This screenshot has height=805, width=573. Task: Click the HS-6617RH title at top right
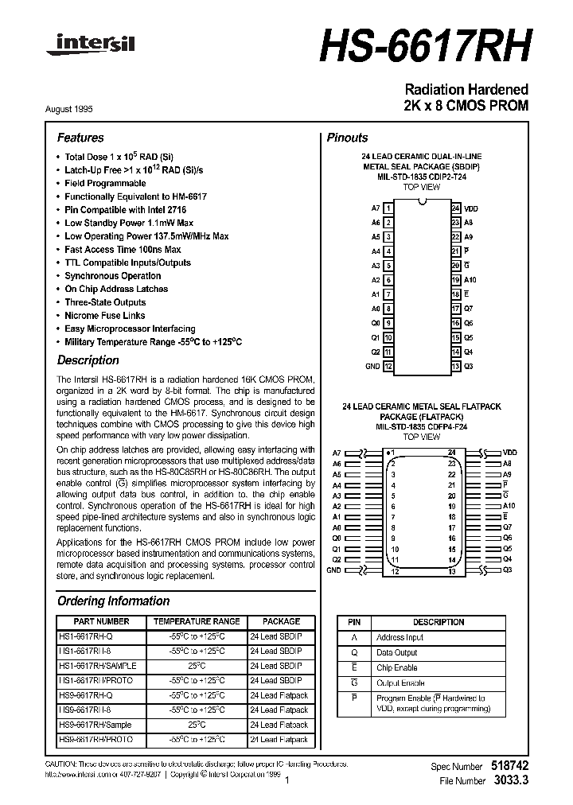(423, 45)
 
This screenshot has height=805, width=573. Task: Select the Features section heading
(80, 138)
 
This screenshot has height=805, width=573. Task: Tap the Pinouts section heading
(347, 138)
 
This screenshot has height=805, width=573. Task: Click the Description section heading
(88, 360)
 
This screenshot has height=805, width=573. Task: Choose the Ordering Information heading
(113, 601)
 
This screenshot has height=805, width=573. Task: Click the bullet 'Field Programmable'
(105, 183)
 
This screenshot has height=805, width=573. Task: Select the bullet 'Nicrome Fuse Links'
(105, 316)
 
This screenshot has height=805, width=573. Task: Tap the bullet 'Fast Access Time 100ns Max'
(123, 250)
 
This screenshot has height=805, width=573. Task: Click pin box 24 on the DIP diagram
(455, 208)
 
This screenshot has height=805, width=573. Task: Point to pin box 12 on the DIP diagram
(388, 367)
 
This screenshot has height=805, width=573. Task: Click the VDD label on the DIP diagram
(471, 208)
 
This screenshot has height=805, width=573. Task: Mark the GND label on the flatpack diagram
(333, 570)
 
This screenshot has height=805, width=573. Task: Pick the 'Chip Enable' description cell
(396, 667)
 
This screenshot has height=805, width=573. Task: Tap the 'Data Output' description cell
(396, 652)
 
